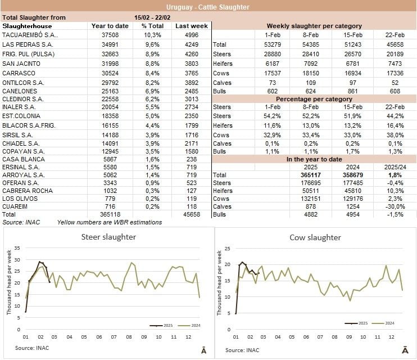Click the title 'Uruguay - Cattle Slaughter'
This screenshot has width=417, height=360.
[208, 7]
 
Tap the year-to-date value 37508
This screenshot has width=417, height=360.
[102, 35]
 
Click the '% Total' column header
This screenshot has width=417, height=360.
[152, 26]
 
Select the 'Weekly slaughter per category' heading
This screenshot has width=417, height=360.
[314, 26]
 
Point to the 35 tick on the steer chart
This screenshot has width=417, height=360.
[17, 247]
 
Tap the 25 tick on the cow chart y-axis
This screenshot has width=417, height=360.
[228, 248]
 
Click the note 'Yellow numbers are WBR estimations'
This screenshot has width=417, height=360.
[110, 223]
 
